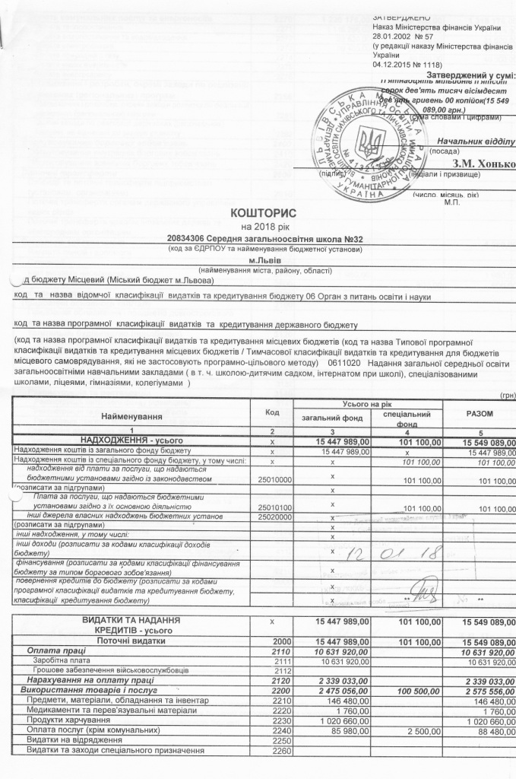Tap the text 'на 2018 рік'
pyautogui.click(x=260, y=227)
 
